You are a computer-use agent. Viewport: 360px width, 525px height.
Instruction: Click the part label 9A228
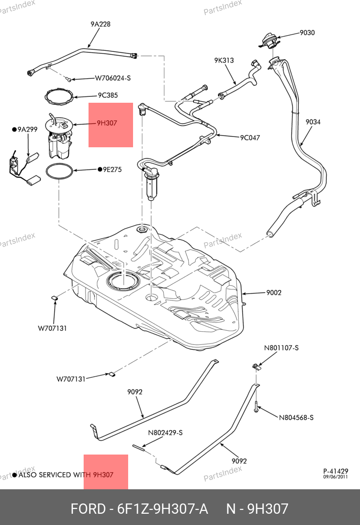pos(100,24)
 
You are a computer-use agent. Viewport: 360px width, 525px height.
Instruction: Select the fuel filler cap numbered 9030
pos(269,39)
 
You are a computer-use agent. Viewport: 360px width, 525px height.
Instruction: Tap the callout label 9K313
pos(224,61)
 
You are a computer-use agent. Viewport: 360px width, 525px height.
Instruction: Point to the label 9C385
pos(108,95)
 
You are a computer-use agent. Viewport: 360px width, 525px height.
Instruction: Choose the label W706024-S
pos(112,78)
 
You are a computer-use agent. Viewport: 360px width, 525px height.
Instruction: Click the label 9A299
pos(27,130)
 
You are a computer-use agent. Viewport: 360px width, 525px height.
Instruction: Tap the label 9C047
pos(250,137)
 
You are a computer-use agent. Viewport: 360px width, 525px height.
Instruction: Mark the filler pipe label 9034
pos(313,122)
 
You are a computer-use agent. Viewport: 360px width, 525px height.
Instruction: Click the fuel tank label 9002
pos(274,293)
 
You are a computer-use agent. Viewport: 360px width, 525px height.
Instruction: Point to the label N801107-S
pos(281,348)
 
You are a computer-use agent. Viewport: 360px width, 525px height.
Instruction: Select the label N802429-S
pos(165,433)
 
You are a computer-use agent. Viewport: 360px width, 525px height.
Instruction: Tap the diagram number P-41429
pos(336,471)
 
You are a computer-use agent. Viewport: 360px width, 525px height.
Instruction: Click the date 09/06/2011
pos(336,477)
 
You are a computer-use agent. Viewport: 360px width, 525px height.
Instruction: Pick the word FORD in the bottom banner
pos(88,509)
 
